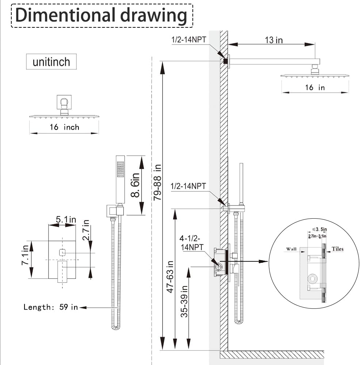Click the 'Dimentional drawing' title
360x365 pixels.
click(x=101, y=15)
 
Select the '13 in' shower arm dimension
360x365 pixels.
click(x=274, y=40)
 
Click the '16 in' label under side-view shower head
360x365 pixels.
click(x=315, y=88)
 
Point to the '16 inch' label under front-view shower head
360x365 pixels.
click(x=64, y=127)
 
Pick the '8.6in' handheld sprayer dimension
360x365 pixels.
click(x=135, y=185)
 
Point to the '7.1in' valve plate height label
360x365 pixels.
click(x=25, y=255)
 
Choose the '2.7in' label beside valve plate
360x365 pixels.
click(x=86, y=229)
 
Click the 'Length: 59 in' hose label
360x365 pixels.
click(x=51, y=307)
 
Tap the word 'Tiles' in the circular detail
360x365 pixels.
click(x=337, y=249)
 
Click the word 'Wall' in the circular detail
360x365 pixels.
click(x=291, y=249)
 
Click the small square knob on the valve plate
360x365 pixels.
click(x=62, y=252)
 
